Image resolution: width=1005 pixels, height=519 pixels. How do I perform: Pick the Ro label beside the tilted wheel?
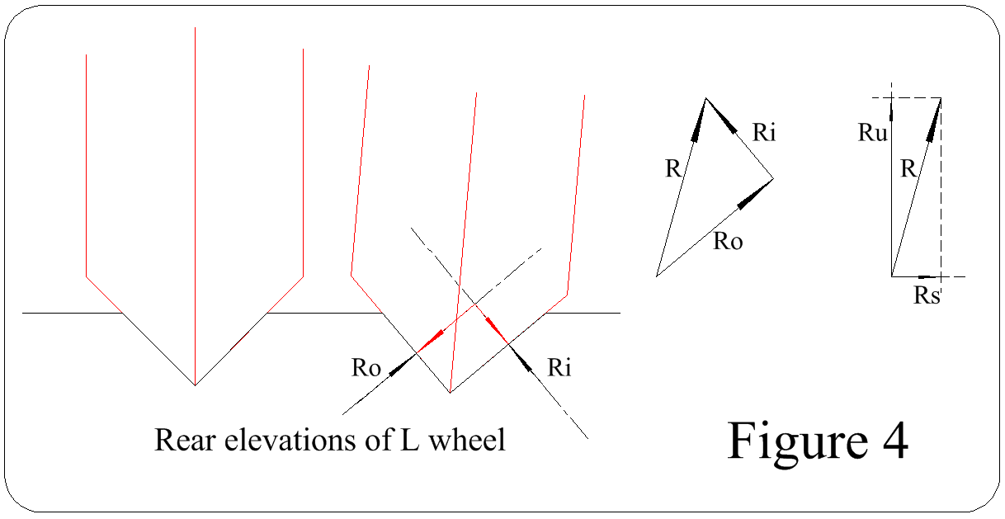click(x=366, y=368)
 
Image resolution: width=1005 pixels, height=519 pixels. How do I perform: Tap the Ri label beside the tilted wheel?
click(x=559, y=368)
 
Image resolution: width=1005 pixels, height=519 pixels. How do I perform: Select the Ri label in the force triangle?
click(x=763, y=132)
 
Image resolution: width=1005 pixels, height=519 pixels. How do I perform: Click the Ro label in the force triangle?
click(x=728, y=242)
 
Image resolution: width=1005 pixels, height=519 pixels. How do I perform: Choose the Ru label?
click(x=871, y=132)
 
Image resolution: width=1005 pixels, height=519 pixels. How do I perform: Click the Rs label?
click(x=927, y=295)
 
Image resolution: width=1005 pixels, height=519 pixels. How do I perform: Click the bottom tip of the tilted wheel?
click(x=451, y=392)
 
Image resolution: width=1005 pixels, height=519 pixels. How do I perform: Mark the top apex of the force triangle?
click(x=706, y=98)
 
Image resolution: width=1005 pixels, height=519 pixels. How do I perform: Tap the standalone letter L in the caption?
click(x=407, y=440)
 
